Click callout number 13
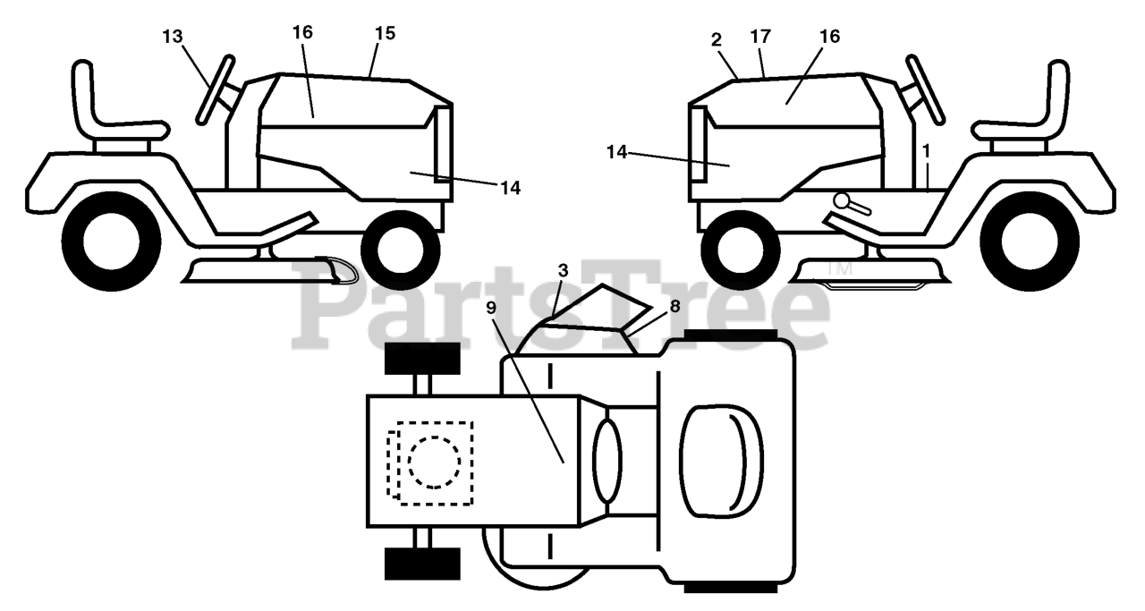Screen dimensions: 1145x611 (173, 37)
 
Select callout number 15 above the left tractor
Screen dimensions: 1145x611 (385, 33)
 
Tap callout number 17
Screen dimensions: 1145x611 (760, 37)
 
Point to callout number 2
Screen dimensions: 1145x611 (717, 40)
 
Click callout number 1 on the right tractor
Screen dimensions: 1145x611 (926, 151)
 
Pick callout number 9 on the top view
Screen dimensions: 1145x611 (491, 308)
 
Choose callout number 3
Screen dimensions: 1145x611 (563, 271)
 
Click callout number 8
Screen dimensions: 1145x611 (674, 306)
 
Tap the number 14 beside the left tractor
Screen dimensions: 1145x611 (510, 188)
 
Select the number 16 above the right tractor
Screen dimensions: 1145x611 (829, 37)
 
